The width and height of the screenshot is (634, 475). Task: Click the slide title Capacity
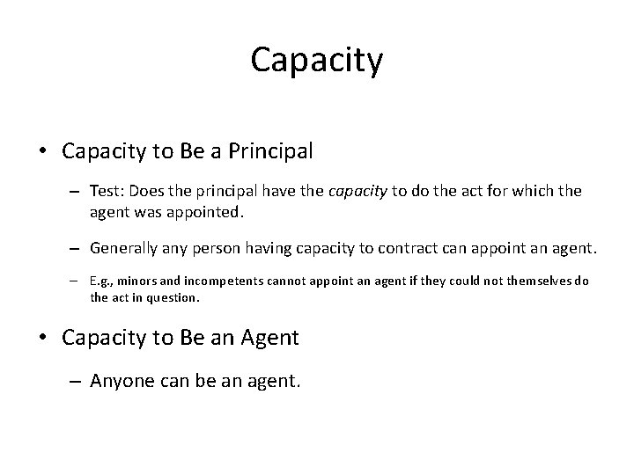pyautogui.click(x=317, y=61)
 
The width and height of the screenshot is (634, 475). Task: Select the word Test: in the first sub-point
pyautogui.click(x=107, y=192)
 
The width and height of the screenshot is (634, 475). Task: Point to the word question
pyautogui.click(x=175, y=297)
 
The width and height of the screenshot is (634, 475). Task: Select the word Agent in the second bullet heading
pyautogui.click(x=270, y=338)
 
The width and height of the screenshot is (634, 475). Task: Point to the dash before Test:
pyautogui.click(x=77, y=193)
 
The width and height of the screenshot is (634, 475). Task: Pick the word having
pyautogui.click(x=285, y=249)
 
